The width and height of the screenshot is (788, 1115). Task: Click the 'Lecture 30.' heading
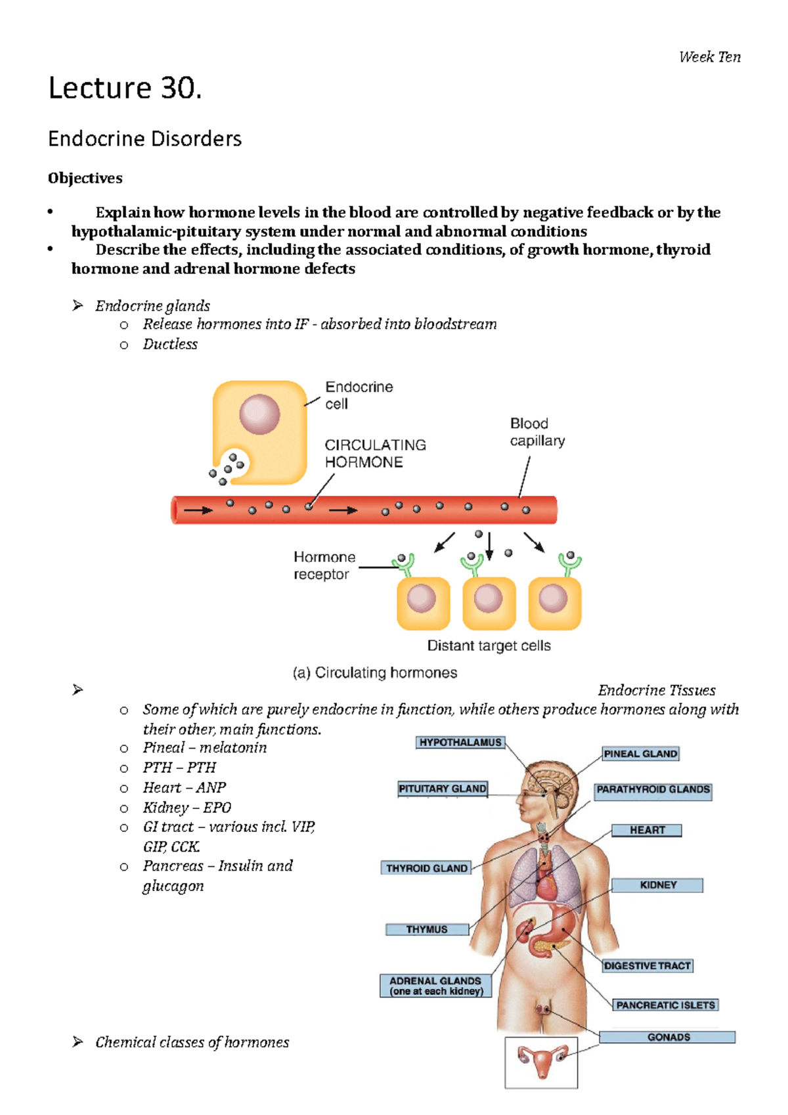tap(125, 88)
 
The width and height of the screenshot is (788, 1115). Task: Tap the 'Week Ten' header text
tap(710, 57)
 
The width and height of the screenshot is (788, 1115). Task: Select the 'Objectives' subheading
tap(85, 178)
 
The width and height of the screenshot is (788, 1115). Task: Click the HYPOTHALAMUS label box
tap(460, 742)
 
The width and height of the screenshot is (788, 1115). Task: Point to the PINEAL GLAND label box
tap(640, 754)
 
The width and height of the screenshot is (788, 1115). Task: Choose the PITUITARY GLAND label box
tap(443, 788)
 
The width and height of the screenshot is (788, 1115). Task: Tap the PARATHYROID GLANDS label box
tap(653, 789)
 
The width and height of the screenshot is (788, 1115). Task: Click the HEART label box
tap(647, 830)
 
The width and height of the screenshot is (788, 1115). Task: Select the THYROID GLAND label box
tap(427, 868)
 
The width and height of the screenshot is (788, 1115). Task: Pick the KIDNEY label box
tap(657, 885)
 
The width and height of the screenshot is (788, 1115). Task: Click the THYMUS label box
tap(427, 929)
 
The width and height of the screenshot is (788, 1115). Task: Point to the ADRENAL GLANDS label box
tap(435, 986)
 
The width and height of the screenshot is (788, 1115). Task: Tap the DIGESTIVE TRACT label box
tap(647, 966)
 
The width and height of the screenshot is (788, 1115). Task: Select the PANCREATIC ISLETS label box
tap(665, 1005)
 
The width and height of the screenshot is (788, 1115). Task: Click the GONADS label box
tap(668, 1037)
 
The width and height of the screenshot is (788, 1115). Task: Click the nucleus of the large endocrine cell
tap(259, 414)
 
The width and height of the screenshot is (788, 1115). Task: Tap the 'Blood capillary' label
tap(537, 432)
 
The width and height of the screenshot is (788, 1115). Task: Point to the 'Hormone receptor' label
tap(324, 565)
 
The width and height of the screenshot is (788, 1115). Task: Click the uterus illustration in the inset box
tap(541, 1060)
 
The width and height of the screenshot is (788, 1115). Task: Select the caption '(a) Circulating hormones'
tap(375, 672)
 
